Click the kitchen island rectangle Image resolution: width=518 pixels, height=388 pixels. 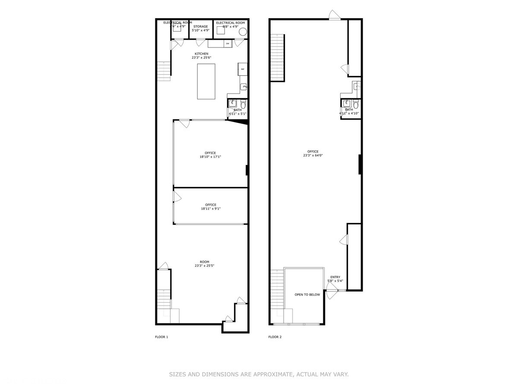(207, 81)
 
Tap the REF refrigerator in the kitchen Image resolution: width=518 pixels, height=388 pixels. (242, 69)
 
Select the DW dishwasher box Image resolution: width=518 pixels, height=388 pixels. (227, 44)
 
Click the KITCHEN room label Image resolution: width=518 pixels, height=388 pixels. (201, 54)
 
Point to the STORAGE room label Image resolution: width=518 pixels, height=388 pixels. (201, 27)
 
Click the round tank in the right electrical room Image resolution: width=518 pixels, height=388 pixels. (243, 31)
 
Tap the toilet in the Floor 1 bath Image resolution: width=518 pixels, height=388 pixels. (243, 104)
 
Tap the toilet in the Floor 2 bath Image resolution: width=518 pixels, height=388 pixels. (356, 104)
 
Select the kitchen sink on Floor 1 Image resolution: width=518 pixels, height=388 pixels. (243, 87)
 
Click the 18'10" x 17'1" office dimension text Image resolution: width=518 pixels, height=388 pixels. (211, 157)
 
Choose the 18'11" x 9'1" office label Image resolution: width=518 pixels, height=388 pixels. (211, 207)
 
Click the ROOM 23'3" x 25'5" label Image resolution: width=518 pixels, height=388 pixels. (204, 264)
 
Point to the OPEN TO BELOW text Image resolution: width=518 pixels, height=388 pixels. (307, 295)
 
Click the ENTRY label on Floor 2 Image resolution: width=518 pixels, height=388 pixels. (335, 277)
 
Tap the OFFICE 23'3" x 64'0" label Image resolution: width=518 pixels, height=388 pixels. (313, 153)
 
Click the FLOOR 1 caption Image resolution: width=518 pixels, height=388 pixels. (161, 337)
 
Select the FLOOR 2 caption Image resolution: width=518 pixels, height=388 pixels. (275, 337)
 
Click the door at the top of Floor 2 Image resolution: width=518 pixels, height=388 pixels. (335, 16)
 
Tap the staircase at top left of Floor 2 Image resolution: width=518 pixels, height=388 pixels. (278, 57)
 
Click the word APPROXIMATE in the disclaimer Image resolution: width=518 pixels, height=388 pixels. (269, 375)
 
